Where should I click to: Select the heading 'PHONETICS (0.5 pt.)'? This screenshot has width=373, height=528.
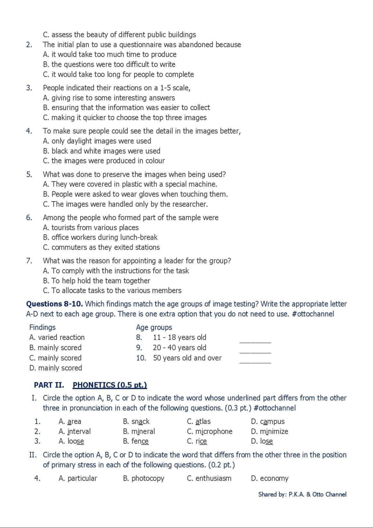point(110,385)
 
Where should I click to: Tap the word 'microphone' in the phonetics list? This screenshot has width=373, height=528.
point(214,431)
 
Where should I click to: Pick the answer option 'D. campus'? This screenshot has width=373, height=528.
point(268,421)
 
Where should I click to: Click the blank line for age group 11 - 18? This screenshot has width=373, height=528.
point(255,342)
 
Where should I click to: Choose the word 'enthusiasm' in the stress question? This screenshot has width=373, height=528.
point(213,478)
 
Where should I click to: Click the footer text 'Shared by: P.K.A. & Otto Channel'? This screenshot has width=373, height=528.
point(302,494)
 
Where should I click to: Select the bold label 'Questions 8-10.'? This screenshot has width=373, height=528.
point(54,304)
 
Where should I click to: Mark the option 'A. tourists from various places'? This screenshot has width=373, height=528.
point(91,227)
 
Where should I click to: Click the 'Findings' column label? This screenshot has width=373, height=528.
point(42,327)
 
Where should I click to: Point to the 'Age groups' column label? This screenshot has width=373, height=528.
point(154,327)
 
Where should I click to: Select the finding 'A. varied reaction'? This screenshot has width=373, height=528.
point(57,337)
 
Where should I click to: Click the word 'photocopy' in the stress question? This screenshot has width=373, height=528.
point(148,478)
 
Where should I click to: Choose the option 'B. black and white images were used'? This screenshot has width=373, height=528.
point(101,151)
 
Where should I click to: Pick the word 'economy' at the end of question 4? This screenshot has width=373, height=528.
point(274,478)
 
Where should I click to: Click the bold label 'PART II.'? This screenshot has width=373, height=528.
point(49,385)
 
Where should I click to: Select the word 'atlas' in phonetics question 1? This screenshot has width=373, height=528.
point(203,421)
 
